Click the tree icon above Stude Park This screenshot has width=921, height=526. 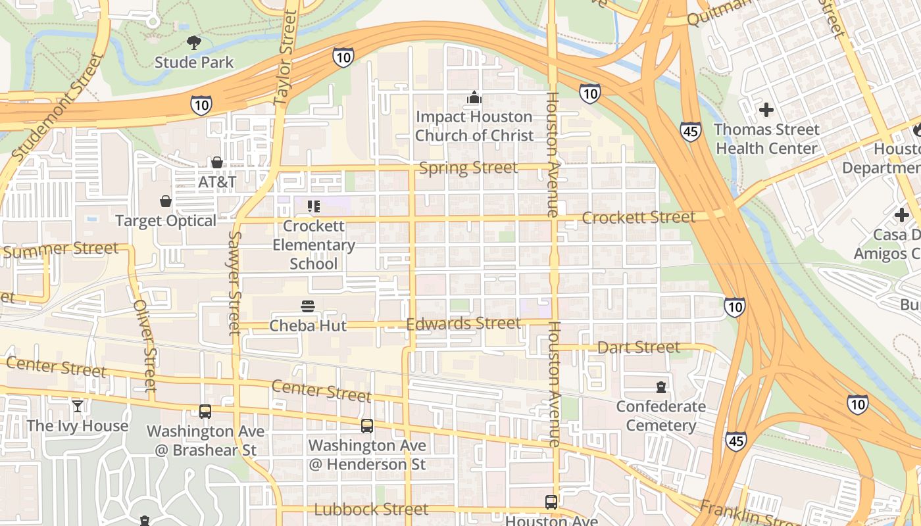click(194, 43)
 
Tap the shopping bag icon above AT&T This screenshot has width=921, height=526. click(217, 162)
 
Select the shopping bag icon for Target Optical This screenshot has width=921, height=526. click(166, 201)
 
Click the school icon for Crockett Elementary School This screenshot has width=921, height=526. click(314, 206)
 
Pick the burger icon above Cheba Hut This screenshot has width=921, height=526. click(308, 306)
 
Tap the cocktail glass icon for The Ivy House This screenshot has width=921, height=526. click(78, 406)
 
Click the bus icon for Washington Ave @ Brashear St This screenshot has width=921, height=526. click(205, 412)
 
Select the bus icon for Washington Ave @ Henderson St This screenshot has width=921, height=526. click(367, 426)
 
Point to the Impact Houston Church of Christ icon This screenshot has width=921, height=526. click(474, 98)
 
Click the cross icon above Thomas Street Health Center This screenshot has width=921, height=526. click(766, 110)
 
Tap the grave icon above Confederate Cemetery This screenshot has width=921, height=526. click(661, 387)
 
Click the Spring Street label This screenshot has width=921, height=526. click(468, 168)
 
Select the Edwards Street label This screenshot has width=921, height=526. click(463, 323)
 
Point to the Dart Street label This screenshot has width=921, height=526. click(639, 347)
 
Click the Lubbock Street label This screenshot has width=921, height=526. click(371, 510)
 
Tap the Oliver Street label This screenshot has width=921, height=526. click(145, 346)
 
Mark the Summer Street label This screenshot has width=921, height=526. click(61, 250)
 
